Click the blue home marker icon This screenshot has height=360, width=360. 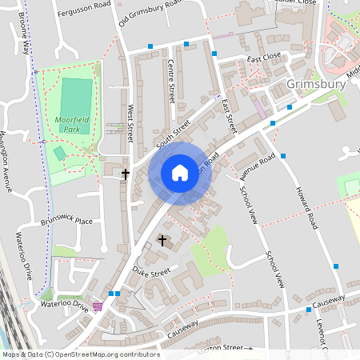pos(180,173)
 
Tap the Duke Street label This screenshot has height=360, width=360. pos(151,272)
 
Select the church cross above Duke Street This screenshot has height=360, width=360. pos(162,240)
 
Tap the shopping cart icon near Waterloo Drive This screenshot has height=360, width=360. pos(98,306)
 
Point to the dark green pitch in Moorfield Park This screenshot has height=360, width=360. pos(76,94)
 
